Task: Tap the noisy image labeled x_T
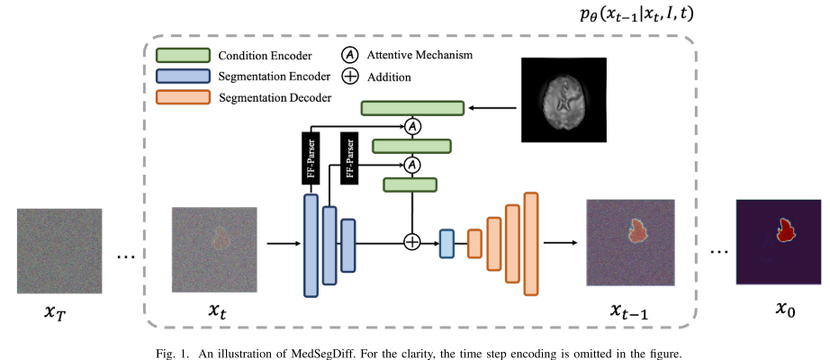(59, 250)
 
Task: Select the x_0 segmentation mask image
(777, 242)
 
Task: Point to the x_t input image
(214, 250)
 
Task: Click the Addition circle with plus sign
(411, 242)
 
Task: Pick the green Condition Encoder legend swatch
(183, 55)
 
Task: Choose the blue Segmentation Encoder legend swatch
(183, 76)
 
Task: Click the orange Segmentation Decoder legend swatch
(183, 96)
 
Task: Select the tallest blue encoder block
(311, 245)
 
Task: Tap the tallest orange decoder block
(531, 243)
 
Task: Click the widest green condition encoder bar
(412, 108)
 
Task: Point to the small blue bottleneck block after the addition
(446, 243)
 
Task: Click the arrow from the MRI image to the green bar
(492, 108)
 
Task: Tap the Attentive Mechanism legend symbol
(349, 55)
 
